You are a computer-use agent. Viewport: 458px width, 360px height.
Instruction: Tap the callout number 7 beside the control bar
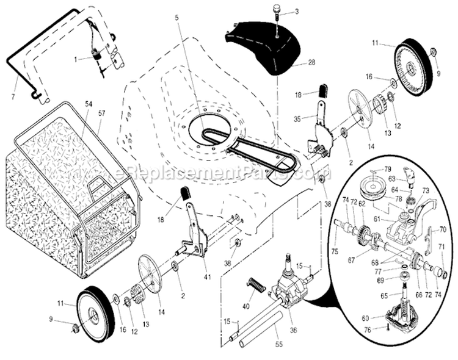(x=13, y=98)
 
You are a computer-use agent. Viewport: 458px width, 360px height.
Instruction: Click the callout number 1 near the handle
(x=75, y=59)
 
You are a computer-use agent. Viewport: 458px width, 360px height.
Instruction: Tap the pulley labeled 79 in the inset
(x=370, y=184)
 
